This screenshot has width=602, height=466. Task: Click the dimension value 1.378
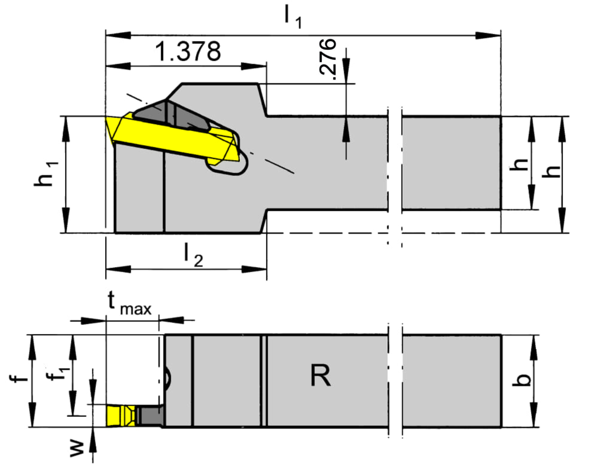pyautogui.click(x=188, y=51)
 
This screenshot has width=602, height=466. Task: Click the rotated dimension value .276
pyautogui.click(x=327, y=59)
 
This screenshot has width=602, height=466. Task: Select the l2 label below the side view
pyautogui.click(x=193, y=256)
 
